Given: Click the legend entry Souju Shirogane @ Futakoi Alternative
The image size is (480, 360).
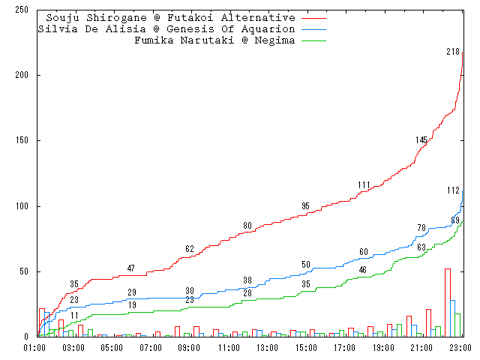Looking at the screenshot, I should [170, 17].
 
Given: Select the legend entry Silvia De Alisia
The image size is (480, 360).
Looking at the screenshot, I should [166, 28].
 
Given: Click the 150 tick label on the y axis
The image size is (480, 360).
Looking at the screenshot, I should [21, 140].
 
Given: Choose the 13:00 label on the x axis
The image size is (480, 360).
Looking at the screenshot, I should [267, 348].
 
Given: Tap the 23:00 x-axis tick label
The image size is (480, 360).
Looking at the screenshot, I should [460, 348].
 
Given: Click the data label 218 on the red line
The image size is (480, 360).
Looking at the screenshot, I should [453, 52].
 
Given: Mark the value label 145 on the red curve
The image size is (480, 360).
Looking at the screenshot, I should [421, 140].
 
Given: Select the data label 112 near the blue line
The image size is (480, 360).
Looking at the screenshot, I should [453, 190].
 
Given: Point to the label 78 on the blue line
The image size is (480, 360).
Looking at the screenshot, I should [421, 228].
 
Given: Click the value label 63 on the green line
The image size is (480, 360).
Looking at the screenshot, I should [421, 247].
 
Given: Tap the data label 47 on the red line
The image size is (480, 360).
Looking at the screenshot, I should [131, 268].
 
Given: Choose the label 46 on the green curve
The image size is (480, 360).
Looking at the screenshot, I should [363, 270].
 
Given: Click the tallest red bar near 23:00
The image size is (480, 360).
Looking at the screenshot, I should [448, 302].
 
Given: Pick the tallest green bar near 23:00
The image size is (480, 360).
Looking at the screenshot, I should [457, 325].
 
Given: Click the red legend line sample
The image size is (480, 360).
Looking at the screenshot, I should [313, 17].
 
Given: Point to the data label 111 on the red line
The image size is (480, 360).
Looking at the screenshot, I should [364, 185].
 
